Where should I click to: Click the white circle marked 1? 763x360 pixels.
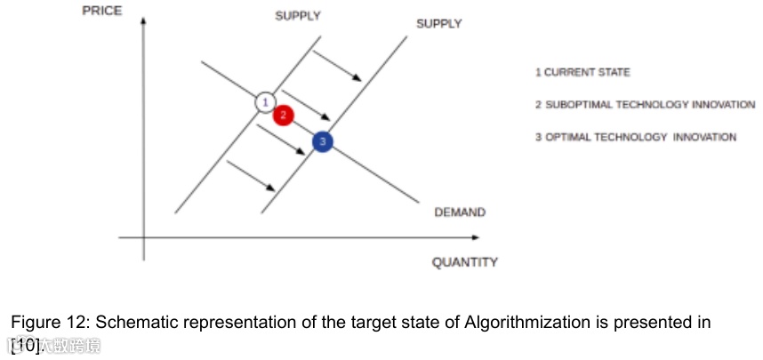(264, 102)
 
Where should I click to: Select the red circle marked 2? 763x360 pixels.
(283, 115)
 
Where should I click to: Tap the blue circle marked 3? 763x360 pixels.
(323, 140)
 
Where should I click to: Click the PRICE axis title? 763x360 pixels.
(101, 10)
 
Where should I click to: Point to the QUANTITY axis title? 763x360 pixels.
(464, 262)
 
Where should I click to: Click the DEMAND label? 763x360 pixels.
(460, 212)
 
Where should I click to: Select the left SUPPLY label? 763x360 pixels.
(298, 16)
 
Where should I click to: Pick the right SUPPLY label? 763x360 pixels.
(439, 24)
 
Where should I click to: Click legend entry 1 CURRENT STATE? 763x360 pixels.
(582, 72)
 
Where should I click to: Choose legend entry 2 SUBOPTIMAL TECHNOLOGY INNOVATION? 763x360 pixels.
(645, 105)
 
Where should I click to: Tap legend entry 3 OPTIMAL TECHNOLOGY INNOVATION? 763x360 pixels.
(636, 137)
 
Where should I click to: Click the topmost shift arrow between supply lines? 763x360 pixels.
(337, 64)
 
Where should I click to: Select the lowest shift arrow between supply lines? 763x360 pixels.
(253, 175)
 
